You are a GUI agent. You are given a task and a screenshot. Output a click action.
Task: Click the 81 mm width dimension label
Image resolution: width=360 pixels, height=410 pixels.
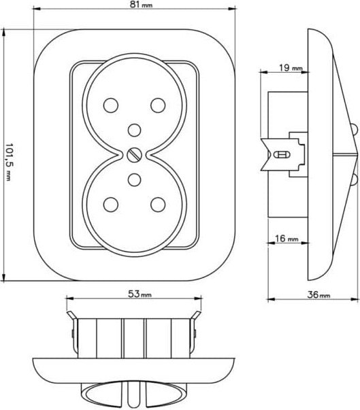(x=141, y=5)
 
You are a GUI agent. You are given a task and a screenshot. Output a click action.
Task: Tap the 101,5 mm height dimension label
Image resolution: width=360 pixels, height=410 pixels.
(x=9, y=162)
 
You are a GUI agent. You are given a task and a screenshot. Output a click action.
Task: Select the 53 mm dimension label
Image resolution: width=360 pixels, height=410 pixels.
(x=140, y=294)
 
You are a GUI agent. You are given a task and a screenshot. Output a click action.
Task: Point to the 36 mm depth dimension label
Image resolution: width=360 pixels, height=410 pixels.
(x=318, y=295)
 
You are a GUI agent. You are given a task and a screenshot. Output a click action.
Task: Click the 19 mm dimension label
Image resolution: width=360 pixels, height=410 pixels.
(x=291, y=68)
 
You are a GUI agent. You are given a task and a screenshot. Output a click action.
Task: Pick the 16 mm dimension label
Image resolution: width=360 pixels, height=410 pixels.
(x=287, y=239)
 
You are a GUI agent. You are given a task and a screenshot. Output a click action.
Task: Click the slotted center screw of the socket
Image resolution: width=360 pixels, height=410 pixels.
(x=135, y=155)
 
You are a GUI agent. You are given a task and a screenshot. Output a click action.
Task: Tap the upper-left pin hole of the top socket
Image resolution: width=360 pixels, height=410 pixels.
(x=111, y=105)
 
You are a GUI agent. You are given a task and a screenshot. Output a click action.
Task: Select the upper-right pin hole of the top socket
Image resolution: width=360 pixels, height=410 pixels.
(x=158, y=105)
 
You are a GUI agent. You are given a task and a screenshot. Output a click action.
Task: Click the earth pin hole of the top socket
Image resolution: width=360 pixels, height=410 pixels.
(x=135, y=130)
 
